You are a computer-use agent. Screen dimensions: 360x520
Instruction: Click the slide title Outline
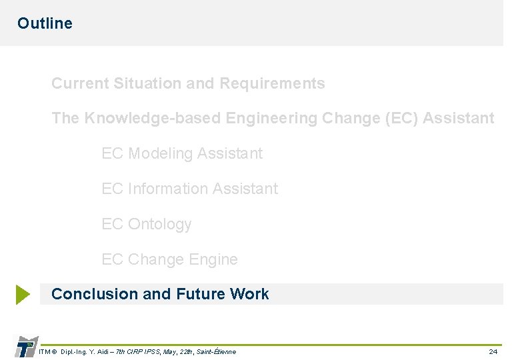pyautogui.click(x=45, y=23)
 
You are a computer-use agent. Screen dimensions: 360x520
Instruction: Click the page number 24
pyautogui.click(x=493, y=351)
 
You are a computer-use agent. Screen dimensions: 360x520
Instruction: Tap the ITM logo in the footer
pyautogui.click(x=26, y=347)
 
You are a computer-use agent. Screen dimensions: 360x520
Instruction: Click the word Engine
pyautogui.click(x=212, y=259)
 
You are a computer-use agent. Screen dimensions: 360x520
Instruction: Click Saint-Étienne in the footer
pyautogui.click(x=216, y=351)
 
